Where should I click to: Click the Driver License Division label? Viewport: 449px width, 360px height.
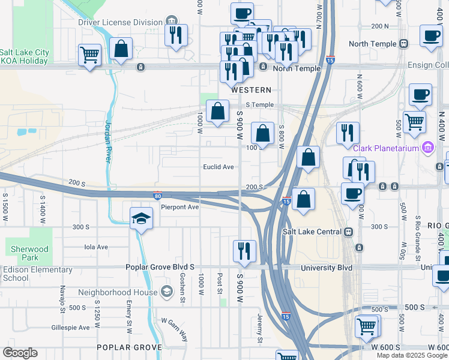[121, 23]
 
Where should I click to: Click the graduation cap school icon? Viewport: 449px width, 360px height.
[141, 217]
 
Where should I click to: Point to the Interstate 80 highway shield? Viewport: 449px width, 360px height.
[157, 196]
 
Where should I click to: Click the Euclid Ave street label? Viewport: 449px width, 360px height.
[218, 167]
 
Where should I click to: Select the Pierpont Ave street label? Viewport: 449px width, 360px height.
[179, 207]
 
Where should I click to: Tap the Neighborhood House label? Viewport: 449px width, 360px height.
[118, 293]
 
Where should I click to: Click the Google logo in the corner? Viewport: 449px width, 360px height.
[20, 353]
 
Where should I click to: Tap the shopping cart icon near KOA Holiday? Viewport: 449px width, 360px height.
[89, 55]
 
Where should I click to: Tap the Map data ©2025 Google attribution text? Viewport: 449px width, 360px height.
[412, 355]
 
